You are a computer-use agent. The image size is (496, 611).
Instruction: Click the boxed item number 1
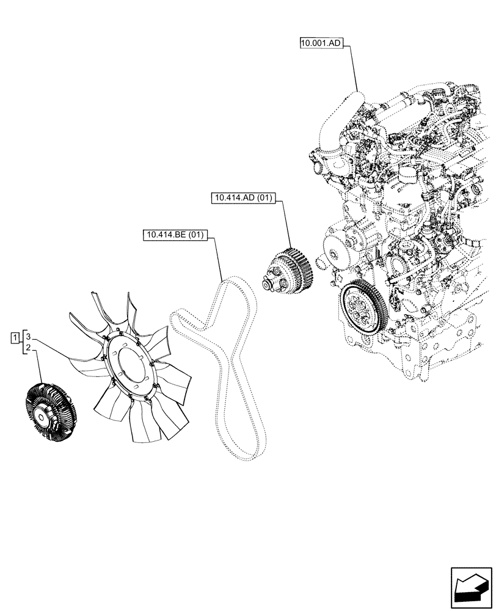coord(14,337)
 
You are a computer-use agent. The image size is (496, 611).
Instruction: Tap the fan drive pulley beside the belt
coord(287,271)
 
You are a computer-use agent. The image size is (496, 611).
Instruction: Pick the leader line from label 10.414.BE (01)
coord(219,257)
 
